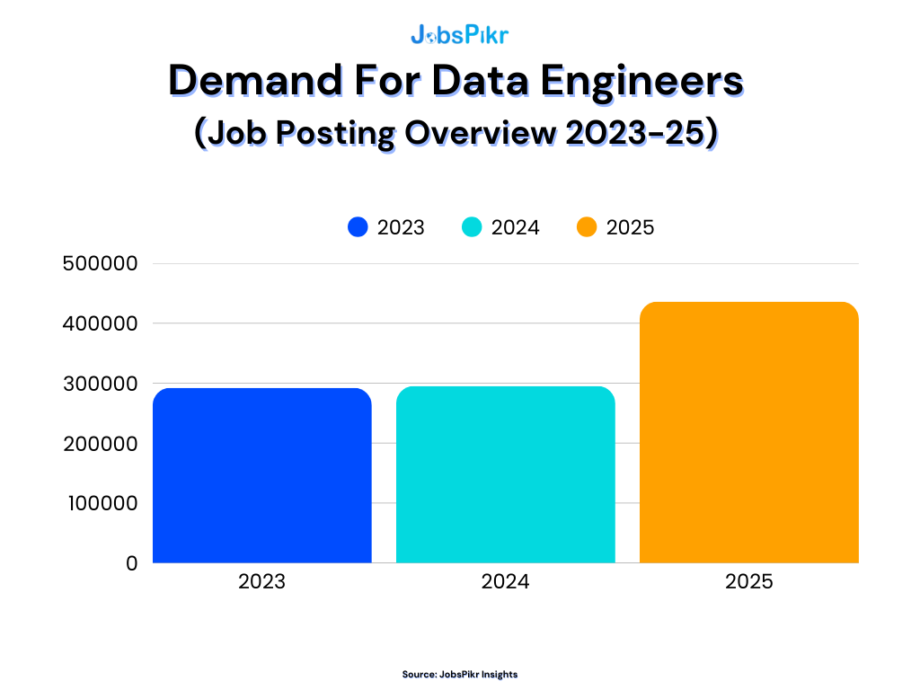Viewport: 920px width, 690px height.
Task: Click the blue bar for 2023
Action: [261, 475]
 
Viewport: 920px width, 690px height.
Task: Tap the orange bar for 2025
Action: [748, 432]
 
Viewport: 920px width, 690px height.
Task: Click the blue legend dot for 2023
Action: [358, 227]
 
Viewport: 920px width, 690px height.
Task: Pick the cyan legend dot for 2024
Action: [473, 227]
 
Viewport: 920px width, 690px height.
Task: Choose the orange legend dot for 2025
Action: [587, 227]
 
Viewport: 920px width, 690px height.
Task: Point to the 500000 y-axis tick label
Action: [100, 264]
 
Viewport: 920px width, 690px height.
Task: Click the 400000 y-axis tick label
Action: [100, 323]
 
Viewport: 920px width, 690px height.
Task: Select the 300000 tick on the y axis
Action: [100, 384]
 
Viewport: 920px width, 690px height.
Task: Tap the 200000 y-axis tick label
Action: [100, 444]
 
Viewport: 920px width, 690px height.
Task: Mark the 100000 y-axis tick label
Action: [102, 503]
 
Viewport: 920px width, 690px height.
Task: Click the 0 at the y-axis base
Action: [131, 563]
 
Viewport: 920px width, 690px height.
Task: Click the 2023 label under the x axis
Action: [261, 582]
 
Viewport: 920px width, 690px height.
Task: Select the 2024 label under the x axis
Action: [505, 582]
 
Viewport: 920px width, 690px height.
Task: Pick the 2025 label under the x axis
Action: [748, 582]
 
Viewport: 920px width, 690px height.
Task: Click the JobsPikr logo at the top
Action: [459, 35]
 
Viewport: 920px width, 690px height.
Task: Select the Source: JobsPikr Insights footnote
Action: [459, 674]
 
